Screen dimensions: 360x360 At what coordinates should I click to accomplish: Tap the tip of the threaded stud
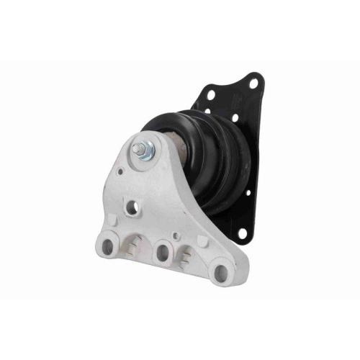pyautogui.click(x=134, y=150)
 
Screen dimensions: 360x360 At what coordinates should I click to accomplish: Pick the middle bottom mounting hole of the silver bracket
pyautogui.click(x=163, y=254)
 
